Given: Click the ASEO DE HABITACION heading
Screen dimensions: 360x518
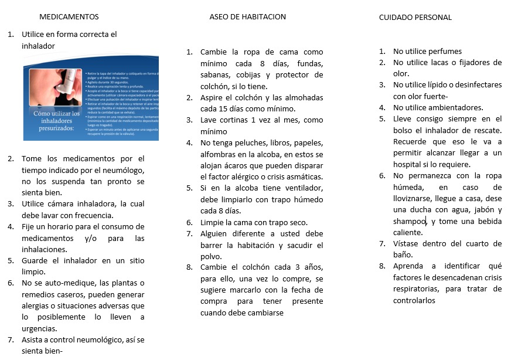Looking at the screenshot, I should [247, 17].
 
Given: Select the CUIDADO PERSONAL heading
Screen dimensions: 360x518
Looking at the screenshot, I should [415, 18].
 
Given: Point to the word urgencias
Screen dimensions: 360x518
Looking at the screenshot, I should [39, 328].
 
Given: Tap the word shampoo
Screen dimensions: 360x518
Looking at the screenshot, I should [410, 221].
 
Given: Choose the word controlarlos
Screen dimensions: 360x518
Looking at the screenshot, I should [414, 300].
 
